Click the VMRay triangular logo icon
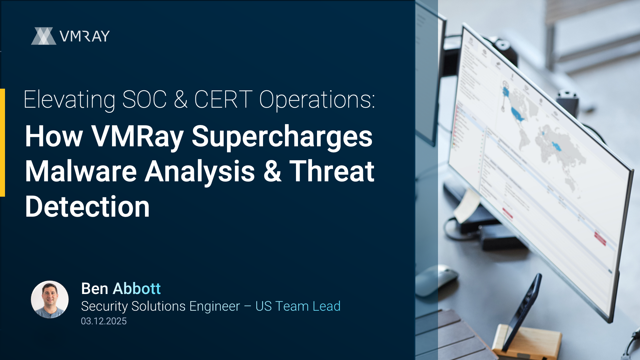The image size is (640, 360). (x=44, y=36)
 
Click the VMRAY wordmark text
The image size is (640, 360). (x=85, y=36)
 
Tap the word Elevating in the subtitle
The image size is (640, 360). (x=70, y=100)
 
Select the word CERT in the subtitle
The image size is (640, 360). (x=223, y=99)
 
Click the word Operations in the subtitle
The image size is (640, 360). (x=317, y=100)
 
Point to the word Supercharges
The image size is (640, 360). (x=282, y=137)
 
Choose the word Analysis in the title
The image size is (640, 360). (x=200, y=172)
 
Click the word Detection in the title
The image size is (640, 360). (x=87, y=207)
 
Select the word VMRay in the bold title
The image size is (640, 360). (x=138, y=137)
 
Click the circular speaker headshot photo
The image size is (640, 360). (x=50, y=299)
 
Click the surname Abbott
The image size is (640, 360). (x=137, y=288)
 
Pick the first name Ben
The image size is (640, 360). (x=95, y=288)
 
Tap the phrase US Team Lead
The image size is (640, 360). (x=298, y=306)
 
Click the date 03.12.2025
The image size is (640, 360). (x=104, y=321)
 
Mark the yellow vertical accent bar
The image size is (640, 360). (x=2, y=143)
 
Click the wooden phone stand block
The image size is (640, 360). (x=527, y=340)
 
